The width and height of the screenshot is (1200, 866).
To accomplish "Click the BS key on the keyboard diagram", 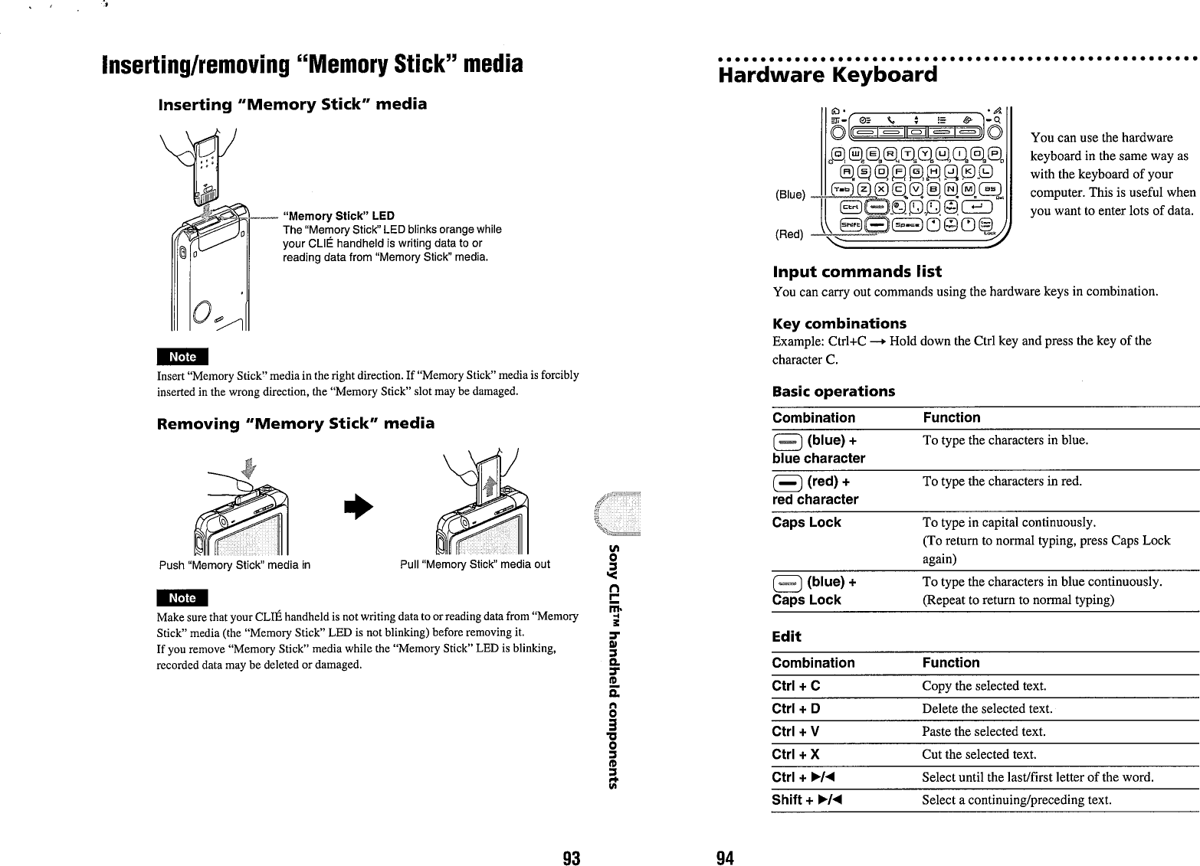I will pos(991,190).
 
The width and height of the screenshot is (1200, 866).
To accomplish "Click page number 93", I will pos(570,858).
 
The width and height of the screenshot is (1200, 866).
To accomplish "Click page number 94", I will pos(725,858).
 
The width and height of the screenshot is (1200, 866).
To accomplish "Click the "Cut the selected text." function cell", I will pos(979,754).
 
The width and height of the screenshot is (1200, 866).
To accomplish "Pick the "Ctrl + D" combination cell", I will pos(796,708).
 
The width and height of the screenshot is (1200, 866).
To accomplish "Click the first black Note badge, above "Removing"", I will pos(182,357).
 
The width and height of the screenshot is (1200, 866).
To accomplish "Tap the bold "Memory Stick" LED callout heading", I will pos(339,216).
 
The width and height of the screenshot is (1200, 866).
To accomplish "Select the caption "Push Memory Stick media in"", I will pos(234,565).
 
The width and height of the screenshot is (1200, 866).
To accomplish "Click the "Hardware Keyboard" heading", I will pos(828,75).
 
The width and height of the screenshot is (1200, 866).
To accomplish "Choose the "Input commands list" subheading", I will pos(857,272).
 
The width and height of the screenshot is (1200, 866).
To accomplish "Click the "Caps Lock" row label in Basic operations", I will pos(806,522).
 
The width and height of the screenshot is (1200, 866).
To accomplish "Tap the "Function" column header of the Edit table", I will pos(951,662).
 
